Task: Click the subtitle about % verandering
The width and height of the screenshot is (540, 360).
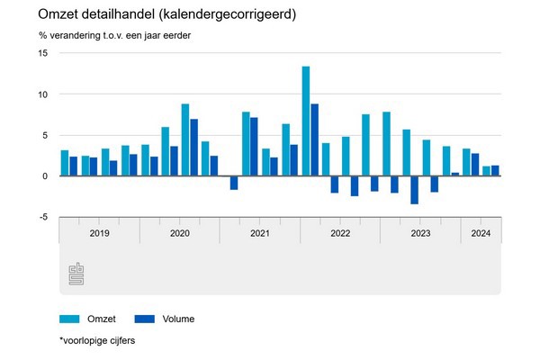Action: pyautogui.click(x=114, y=36)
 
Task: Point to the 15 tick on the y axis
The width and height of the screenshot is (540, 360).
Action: pyautogui.click(x=42, y=53)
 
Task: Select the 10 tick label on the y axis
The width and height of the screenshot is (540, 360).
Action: pyautogui.click(x=42, y=94)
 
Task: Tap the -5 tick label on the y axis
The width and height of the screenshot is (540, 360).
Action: pyautogui.click(x=41, y=217)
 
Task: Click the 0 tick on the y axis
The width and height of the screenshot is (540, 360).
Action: pyautogui.click(x=45, y=175)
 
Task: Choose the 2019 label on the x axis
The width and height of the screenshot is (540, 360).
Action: pyautogui.click(x=99, y=233)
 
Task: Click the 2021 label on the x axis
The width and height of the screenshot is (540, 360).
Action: pyautogui.click(x=259, y=233)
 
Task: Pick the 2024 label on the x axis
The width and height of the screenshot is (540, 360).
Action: pyautogui.click(x=480, y=233)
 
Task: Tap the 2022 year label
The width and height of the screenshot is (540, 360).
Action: pyautogui.click(x=339, y=233)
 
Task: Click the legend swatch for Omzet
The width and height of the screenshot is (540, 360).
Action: pyautogui.click(x=70, y=319)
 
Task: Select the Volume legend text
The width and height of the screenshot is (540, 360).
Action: pyautogui.click(x=177, y=319)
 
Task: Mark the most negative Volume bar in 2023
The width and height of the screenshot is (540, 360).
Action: pyautogui.click(x=414, y=190)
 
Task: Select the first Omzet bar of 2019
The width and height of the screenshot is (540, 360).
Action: pyautogui.click(x=64, y=163)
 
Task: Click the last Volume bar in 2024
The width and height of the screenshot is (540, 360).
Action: pyautogui.click(x=495, y=171)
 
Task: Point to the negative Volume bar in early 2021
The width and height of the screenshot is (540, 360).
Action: pyautogui.click(x=234, y=183)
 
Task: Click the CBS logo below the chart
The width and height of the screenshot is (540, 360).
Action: pyautogui.click(x=76, y=274)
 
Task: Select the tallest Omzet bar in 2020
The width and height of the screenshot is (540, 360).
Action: pyautogui.click(x=185, y=139)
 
